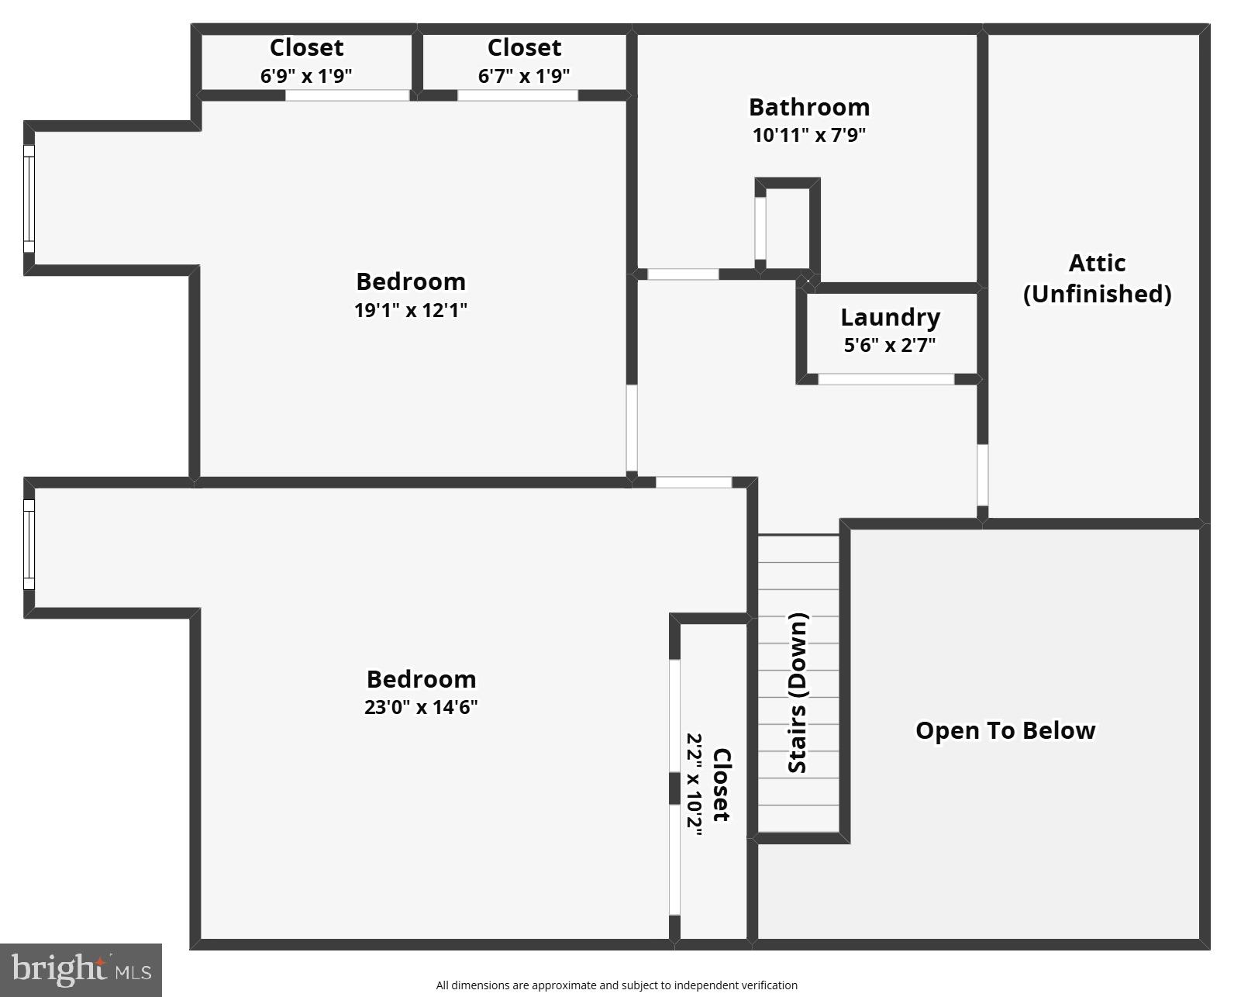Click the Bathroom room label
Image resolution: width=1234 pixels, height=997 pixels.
pos(808,107)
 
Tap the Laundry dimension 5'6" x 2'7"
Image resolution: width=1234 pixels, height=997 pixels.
pos(889,345)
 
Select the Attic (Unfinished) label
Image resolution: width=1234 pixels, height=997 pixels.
pos(1097,278)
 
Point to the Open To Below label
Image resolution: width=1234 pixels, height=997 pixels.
pos(1005,730)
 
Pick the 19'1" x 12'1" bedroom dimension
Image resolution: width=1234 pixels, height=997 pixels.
pos(411,310)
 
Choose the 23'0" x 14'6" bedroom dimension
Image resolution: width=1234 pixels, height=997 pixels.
pos(421,707)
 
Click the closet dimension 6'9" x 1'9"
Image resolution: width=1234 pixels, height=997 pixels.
pos(306,76)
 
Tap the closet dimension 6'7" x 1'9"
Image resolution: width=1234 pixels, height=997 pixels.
pos(524,76)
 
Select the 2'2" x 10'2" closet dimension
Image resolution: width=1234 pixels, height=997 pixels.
pos(695,785)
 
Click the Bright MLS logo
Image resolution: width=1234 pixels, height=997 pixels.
pos(81,970)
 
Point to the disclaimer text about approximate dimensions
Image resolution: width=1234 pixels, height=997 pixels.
pos(616,985)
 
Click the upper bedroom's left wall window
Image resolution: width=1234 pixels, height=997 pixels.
pos(29,198)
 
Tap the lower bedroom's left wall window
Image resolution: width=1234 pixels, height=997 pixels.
pos(29,544)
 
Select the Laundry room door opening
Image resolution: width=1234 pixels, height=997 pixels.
pos(886,379)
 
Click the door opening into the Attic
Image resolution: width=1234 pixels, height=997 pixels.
pos(982,474)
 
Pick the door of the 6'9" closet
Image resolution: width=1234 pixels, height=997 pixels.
pos(347,95)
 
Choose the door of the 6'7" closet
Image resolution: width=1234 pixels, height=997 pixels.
pos(517,95)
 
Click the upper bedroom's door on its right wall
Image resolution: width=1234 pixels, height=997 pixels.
pos(632,428)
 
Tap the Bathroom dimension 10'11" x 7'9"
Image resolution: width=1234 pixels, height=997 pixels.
pos(808,135)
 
